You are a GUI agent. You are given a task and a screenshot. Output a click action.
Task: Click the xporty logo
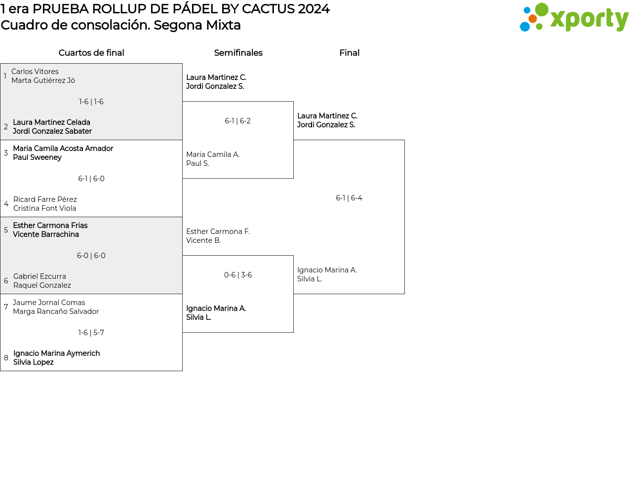coord(574,18)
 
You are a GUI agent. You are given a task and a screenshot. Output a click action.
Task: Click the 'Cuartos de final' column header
coord(91,53)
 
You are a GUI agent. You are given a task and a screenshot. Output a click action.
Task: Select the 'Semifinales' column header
coord(238,53)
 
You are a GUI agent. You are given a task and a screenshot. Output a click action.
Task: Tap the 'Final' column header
coord(349,53)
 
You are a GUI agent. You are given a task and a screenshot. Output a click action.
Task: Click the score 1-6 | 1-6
coord(91,102)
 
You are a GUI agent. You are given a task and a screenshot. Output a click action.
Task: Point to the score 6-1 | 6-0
coord(91,179)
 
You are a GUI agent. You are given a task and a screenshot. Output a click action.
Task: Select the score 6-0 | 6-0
coord(91,256)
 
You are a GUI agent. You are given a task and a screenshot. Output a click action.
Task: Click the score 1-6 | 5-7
coord(91,333)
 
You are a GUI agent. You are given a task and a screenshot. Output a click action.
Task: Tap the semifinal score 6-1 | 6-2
coord(237,121)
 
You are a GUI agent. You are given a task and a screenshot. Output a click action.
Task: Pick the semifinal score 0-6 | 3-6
coord(238,275)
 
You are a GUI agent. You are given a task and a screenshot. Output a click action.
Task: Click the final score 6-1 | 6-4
coord(349,198)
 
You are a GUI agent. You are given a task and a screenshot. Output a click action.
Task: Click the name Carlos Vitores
coord(35,72)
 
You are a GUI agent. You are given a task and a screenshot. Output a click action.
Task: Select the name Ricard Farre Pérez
coord(45,199)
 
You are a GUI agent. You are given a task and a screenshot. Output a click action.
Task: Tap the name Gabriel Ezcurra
coord(39,276)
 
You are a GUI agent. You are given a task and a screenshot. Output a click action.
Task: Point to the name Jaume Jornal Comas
coord(49,303)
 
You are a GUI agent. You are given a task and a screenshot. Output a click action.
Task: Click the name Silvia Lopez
coord(34,362)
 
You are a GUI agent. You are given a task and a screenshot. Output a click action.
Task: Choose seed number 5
coord(6,230)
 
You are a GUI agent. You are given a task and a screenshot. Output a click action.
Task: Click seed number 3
coord(6,153)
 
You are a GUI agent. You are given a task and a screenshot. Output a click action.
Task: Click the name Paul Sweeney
coord(38,157)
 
